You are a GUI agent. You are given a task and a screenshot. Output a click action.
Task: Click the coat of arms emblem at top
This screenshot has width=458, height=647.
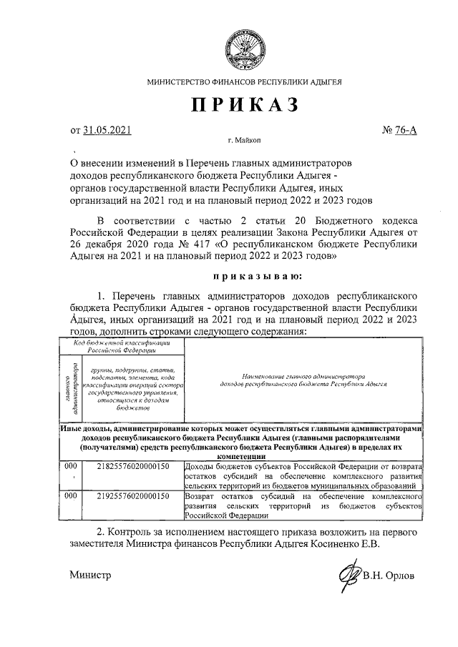click(x=244, y=45)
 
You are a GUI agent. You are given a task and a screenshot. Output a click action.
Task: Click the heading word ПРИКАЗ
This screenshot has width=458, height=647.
click(x=244, y=105)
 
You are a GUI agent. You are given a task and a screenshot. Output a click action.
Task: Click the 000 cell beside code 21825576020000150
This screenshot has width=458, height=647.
click(x=70, y=466)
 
